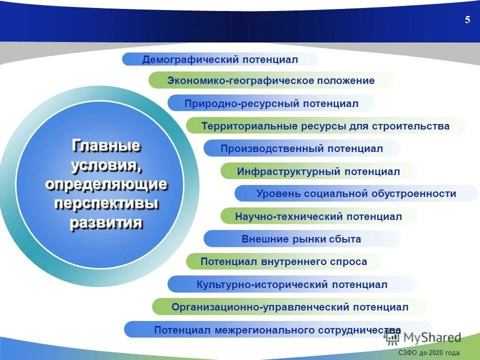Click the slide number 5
(x=467, y=20)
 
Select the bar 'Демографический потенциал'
(x=220, y=59)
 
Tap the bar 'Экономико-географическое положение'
(x=270, y=80)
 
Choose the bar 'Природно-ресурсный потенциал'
(x=271, y=103)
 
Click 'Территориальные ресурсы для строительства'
(x=325, y=126)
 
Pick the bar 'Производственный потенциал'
(x=301, y=148)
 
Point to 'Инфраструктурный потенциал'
(x=318, y=171)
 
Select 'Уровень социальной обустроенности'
(x=356, y=193)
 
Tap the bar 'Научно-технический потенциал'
(x=318, y=216)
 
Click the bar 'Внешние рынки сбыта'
(x=301, y=239)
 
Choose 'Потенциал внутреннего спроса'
(x=283, y=261)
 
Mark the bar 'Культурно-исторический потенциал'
(x=292, y=284)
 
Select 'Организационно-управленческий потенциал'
(x=289, y=307)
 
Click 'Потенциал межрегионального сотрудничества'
(x=277, y=330)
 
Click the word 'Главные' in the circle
(x=106, y=146)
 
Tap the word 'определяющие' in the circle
(x=106, y=184)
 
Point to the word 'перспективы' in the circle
(x=106, y=203)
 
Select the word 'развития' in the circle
(x=106, y=222)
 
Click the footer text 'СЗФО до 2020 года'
(x=428, y=352)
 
